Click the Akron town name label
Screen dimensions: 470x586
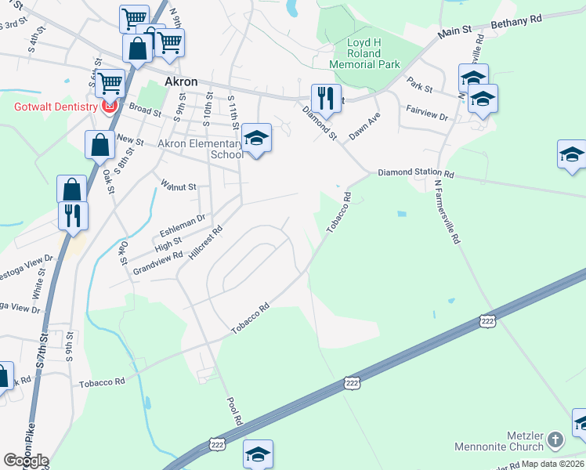click(x=180, y=82)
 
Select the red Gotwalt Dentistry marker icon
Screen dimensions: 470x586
click(x=110, y=106)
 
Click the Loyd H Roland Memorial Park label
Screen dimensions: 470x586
click(x=364, y=53)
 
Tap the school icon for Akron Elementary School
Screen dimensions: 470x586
click(x=255, y=139)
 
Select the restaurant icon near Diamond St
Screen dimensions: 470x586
click(x=326, y=98)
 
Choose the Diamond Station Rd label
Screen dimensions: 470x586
click(x=416, y=172)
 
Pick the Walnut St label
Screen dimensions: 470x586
click(x=178, y=186)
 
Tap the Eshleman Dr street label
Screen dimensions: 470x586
click(x=183, y=227)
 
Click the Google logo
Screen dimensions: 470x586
click(x=26, y=461)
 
